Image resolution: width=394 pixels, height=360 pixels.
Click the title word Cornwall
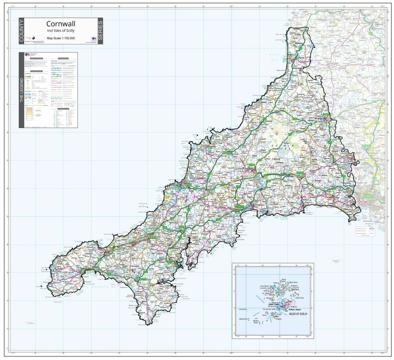(61, 24)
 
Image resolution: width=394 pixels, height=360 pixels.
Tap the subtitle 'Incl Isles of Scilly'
(61, 31)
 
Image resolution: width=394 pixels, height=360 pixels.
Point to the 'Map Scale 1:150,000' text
(61, 38)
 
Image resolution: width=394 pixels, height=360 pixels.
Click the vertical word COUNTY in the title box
(21, 31)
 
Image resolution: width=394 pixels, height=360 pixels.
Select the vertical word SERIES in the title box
(100, 31)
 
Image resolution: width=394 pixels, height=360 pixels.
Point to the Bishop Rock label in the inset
(243, 319)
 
